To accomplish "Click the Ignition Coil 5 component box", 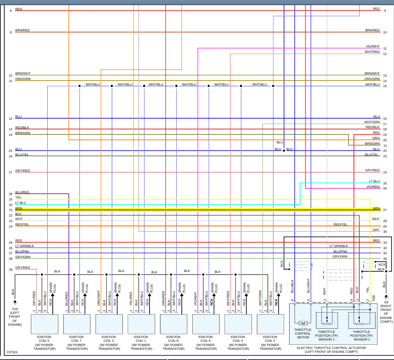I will tap(44, 324).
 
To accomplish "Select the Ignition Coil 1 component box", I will tap(141, 324).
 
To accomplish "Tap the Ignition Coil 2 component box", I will tap(270, 324).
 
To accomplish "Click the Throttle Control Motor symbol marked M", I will tap(302, 324).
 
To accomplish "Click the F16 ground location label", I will tap(15, 316).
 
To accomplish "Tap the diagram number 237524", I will tap(12, 352).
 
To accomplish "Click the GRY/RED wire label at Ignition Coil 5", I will tap(34, 298).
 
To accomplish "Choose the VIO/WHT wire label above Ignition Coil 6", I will tap(195, 298).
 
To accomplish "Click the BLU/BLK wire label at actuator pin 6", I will tap(292, 286).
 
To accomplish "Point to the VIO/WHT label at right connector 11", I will tap(372, 47).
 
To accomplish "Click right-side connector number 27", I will tap(385, 210).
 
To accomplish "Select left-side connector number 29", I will tap(11, 269).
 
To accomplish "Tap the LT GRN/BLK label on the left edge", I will tap(25, 246).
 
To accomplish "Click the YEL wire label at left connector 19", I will tap(18, 197).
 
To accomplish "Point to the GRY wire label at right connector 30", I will tap(376, 230).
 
